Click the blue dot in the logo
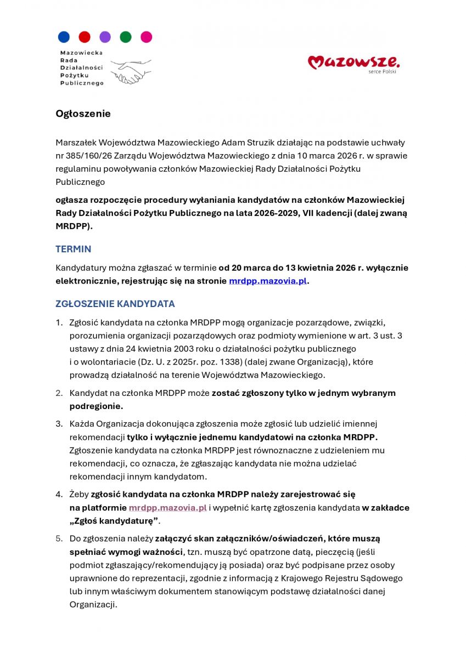[64, 37]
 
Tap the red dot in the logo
[85, 37]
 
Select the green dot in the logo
[126, 37]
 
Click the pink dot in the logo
[146, 37]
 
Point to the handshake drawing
[131, 71]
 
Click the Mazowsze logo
[353, 63]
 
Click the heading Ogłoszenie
[83, 114]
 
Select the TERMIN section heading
[73, 249]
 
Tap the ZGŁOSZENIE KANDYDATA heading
[115, 304]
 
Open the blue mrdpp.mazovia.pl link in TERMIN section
[268, 281]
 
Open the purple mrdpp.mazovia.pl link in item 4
[167, 508]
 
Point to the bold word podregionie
[96, 406]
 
